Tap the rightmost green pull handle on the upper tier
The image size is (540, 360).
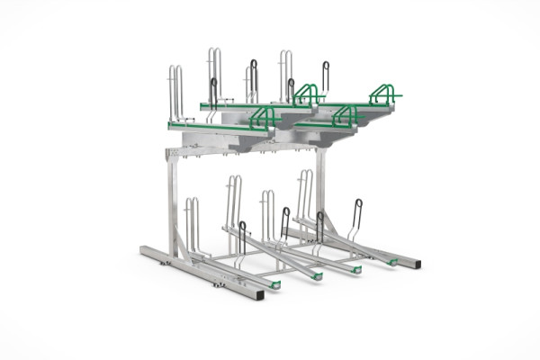pos(384,93)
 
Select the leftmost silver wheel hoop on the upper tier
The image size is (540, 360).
pos(175,92)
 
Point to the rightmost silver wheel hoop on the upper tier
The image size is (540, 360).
pos(285,74)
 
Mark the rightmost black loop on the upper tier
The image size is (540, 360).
pos(325,76)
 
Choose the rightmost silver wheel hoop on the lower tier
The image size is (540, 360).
pos(305,193)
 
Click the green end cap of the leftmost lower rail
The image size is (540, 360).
pos(275,284)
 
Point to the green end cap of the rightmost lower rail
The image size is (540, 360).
pos(392,262)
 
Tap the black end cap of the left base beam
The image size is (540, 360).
pos(259,294)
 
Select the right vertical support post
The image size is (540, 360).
pos(320,189)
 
